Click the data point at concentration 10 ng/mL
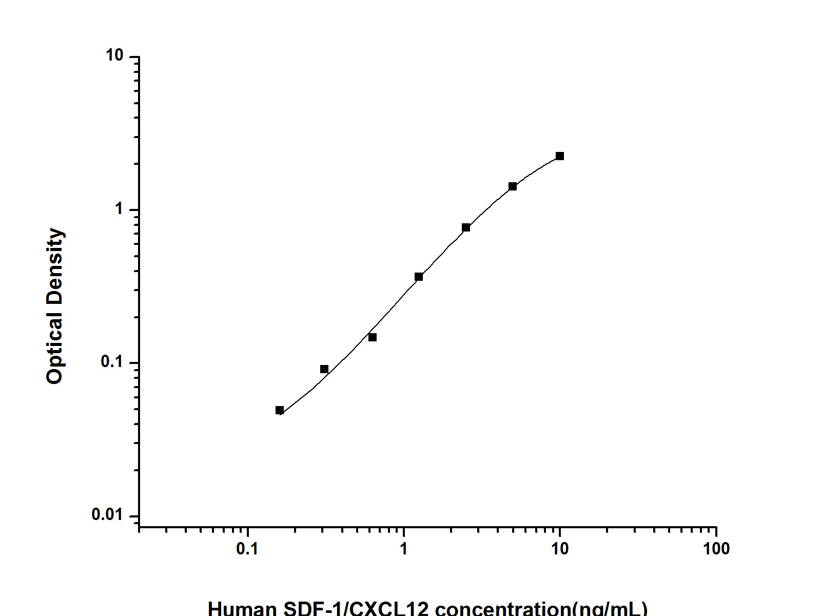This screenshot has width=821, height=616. coord(560,156)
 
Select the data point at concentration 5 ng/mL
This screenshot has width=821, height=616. coord(513,186)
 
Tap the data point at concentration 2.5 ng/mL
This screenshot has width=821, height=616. coord(466,227)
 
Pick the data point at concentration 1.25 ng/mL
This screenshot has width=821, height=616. coord(419,277)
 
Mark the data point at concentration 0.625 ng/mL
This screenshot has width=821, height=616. coord(373,337)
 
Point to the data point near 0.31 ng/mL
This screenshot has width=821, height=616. coord(324,369)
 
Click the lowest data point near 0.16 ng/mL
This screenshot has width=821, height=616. coord(280,410)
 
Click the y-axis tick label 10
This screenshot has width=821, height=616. coord(115,55)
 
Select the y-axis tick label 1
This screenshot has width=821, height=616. coord(120,209)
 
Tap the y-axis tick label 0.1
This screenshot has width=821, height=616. coord(112,362)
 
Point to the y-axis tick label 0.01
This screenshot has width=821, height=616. coord(108,515)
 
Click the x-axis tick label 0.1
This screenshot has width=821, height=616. coord(247,549)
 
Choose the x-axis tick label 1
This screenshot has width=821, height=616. coord(404,549)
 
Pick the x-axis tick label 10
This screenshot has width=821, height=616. coord(560,549)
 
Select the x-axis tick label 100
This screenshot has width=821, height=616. coord(716,549)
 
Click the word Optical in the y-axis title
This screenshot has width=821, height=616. coord(54,349)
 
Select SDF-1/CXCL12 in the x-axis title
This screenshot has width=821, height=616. coord(356,609)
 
